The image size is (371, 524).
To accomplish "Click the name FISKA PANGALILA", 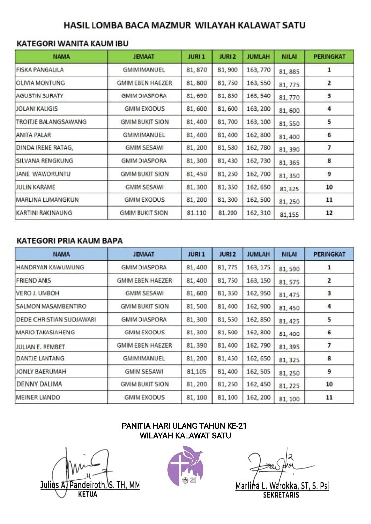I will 40,70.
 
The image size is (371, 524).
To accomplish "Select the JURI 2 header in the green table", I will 228,56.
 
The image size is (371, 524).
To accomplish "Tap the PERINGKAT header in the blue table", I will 329,254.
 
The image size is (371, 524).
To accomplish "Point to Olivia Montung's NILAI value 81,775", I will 289,85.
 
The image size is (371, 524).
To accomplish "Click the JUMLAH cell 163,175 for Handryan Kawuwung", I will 259,267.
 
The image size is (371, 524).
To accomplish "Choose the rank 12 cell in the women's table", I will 329,213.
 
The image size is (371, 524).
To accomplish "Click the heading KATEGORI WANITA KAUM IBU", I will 73,43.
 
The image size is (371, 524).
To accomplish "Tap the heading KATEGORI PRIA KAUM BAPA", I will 70,241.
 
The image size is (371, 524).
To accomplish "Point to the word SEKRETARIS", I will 281,495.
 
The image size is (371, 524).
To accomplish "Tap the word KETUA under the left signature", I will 88,494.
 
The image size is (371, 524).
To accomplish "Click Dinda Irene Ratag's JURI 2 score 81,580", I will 228,147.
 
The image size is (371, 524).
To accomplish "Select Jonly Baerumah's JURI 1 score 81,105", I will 196,371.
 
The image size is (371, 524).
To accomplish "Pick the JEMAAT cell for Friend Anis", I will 144,280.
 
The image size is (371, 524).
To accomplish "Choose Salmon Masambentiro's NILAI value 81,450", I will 289,308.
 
